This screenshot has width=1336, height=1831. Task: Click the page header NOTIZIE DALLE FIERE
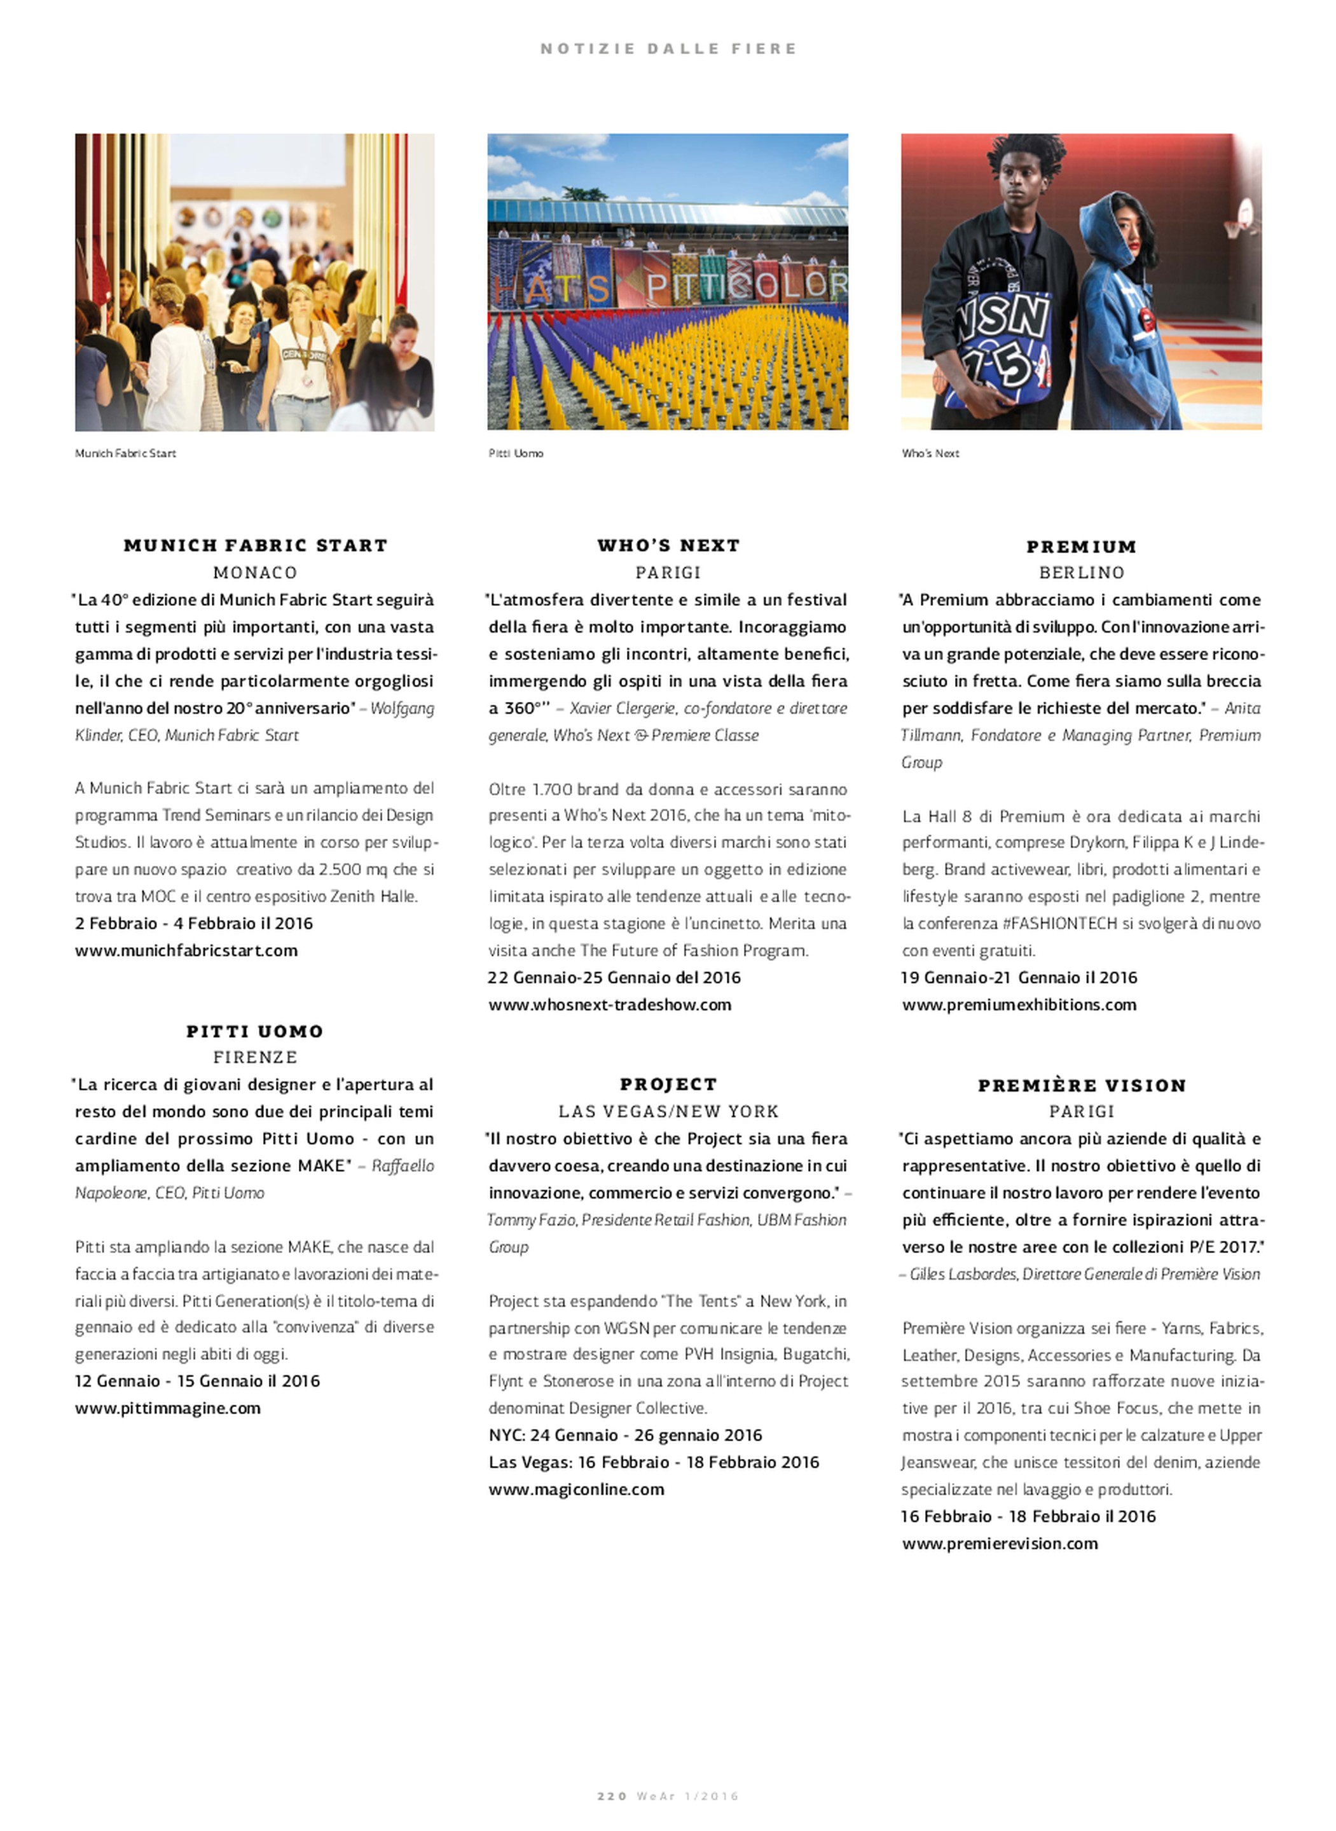click(x=668, y=48)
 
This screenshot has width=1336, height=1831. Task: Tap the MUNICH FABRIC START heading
click(x=255, y=545)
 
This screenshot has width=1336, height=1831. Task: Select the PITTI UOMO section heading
click(x=255, y=1031)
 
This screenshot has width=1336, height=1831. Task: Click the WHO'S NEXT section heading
click(x=668, y=545)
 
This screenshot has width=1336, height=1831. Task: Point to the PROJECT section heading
click(x=668, y=1084)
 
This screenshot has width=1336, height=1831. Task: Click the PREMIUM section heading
click(x=1081, y=547)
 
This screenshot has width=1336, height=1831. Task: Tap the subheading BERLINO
click(x=1081, y=572)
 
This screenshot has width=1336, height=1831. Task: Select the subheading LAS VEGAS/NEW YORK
click(x=668, y=1111)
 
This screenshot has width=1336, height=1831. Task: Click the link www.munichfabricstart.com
click(x=186, y=950)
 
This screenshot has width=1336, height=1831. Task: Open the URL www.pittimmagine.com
click(x=167, y=1408)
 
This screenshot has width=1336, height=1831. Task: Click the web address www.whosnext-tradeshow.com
click(x=609, y=1005)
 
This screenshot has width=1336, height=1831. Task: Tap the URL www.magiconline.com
click(x=576, y=1489)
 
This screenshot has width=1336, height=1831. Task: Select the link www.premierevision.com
click(x=1000, y=1543)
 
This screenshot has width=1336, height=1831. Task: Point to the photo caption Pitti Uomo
click(x=515, y=453)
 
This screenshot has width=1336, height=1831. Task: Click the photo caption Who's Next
click(x=930, y=453)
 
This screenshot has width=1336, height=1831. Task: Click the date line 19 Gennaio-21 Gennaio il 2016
click(x=1019, y=977)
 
